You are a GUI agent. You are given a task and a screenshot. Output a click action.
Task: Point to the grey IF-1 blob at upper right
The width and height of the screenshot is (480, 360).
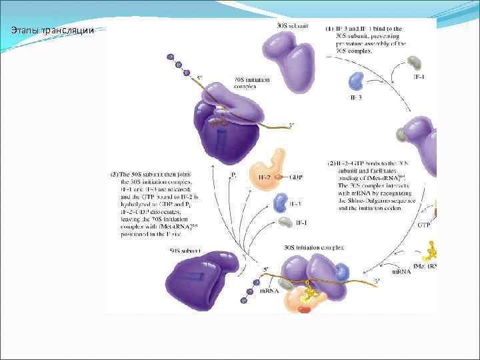pos(415,63)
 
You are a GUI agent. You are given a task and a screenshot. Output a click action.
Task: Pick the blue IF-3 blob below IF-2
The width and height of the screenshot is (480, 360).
pos(280,201)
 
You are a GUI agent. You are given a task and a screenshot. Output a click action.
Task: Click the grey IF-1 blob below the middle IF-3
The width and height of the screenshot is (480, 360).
pos(285,222)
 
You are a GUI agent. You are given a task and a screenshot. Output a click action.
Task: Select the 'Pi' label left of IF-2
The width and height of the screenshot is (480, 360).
pos(233,176)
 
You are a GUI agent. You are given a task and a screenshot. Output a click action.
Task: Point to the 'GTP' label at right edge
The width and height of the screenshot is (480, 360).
pos(424,226)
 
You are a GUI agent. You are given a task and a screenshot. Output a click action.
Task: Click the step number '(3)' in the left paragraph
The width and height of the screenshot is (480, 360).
pos(115,174)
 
